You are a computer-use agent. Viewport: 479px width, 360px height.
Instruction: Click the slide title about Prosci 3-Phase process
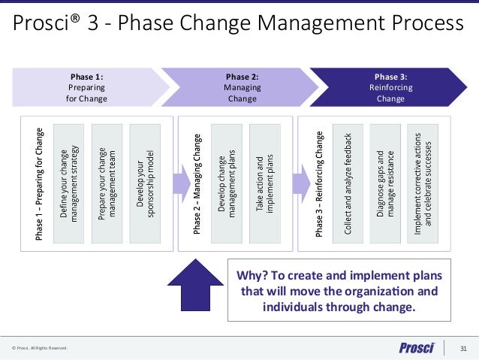[239, 25]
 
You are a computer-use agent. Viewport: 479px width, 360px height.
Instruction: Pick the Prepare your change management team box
[107, 184]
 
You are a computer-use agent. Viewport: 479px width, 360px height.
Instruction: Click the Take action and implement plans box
[265, 184]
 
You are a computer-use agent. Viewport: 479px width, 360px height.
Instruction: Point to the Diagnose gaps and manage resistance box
[386, 184]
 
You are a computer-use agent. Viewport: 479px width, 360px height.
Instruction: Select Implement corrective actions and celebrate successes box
[423, 184]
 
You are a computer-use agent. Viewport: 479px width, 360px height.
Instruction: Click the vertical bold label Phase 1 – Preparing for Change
[39, 184]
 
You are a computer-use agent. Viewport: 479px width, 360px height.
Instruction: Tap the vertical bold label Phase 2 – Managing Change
[197, 184]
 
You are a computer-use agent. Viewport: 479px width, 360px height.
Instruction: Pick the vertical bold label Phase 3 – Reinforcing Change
[320, 184]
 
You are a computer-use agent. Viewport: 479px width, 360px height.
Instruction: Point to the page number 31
[463, 347]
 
